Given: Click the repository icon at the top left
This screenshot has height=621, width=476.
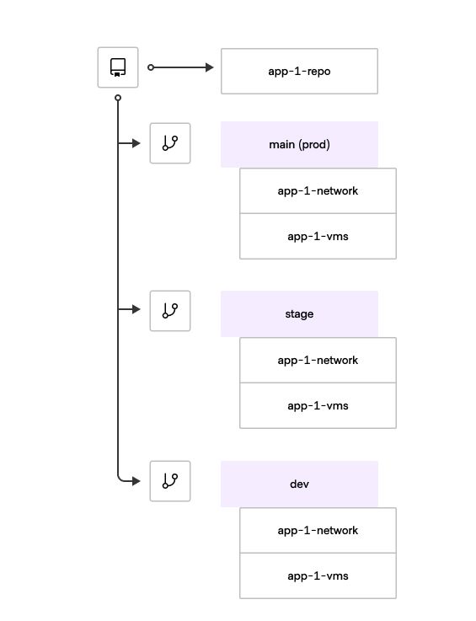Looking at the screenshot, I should coord(118,67).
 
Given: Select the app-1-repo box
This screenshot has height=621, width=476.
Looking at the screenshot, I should coord(299,71).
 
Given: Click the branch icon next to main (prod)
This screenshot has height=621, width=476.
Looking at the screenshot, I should coord(170,143).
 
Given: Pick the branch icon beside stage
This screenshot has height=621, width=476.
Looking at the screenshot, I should coord(170,310).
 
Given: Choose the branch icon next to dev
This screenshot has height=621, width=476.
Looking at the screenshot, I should coord(170,481).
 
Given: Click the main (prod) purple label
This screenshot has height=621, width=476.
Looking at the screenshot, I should coord(299,144).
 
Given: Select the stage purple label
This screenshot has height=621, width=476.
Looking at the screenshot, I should coord(299,314).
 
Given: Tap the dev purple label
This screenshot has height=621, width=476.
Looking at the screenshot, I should coord(299,484).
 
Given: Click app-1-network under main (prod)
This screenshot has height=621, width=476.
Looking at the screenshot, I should coord(318,190).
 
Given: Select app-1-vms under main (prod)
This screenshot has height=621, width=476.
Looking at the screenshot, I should coord(318,236).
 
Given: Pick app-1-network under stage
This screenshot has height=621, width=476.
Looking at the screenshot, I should coord(318,360).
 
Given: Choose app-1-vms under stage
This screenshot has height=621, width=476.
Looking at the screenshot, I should coord(318,405).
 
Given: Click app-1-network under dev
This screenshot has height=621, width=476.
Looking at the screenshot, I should coord(318,530).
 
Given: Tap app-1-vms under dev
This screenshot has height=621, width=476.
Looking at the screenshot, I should coord(318,575).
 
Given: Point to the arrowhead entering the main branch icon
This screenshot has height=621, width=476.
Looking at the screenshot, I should coord(136,143).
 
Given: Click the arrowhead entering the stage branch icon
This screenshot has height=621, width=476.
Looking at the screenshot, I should coord(136,310).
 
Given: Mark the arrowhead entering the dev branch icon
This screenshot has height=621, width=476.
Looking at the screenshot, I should coord(136,481).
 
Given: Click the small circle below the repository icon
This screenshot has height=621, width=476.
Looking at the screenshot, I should coord(118,99).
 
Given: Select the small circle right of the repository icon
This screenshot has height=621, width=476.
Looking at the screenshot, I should coord(151,67).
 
